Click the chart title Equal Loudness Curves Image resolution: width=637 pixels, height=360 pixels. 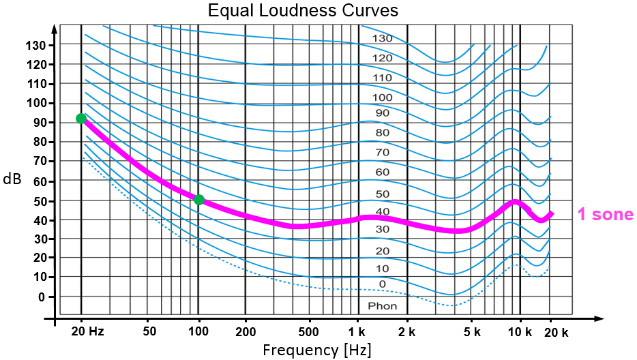tap(303, 11)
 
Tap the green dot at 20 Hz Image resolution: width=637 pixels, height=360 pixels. tap(81, 119)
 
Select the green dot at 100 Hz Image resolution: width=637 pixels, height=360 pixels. tap(199, 200)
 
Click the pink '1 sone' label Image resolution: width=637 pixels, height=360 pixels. tap(606, 215)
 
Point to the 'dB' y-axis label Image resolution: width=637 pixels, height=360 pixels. tap(11, 179)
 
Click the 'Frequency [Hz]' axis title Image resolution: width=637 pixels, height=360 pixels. tap(317, 350)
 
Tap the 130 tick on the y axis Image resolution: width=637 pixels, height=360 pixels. tap(36, 45)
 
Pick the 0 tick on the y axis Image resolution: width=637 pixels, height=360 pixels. tap(42, 297)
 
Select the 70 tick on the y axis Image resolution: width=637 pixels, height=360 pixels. tap(38, 162)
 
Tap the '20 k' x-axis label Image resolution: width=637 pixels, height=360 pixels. tap(556, 332)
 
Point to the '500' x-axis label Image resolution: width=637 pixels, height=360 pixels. tap(309, 332)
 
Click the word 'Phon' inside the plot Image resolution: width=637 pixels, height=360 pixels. tap(382, 305)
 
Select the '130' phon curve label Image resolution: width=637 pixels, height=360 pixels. tap(383, 39)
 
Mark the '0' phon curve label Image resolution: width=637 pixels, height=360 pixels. tap(383, 284)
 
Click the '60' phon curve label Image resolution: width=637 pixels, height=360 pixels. tap(383, 172)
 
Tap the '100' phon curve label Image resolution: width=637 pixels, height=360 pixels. tap(383, 97)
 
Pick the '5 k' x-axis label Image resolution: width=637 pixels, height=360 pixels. tap(472, 332)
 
